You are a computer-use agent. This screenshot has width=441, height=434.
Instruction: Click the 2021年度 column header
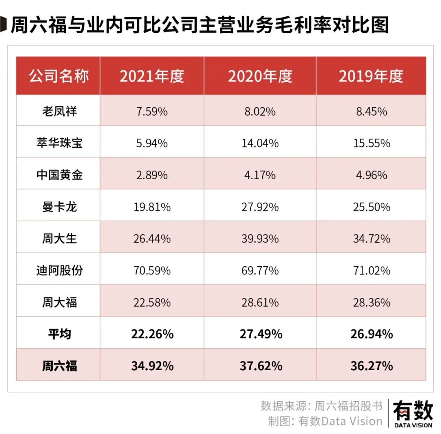click(x=152, y=76)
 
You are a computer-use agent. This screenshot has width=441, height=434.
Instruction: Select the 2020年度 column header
click(x=260, y=76)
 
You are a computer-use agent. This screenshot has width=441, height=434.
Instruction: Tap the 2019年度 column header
click(x=371, y=76)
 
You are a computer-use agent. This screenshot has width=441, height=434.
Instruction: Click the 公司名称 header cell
click(x=59, y=76)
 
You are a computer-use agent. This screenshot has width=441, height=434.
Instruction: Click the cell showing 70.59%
click(x=152, y=270)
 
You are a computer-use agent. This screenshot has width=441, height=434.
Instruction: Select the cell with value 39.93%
click(x=260, y=238)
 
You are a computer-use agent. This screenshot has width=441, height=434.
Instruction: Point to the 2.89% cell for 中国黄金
click(x=152, y=175)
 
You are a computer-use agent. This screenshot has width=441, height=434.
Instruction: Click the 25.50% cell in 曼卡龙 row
click(x=371, y=207)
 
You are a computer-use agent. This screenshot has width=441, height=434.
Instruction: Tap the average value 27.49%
click(x=260, y=334)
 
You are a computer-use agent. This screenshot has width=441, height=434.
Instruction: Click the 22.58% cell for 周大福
click(x=152, y=302)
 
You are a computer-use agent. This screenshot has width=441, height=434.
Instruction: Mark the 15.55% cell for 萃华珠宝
click(x=371, y=143)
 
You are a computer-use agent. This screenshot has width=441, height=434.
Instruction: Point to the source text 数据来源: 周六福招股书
click(x=321, y=406)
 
